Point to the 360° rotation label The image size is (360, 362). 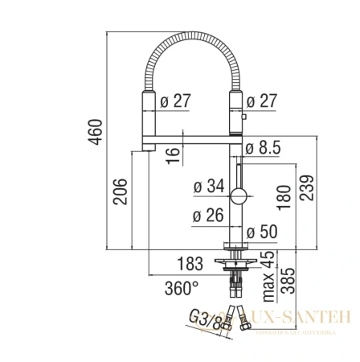[182, 286]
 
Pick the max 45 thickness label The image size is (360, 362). [270, 263]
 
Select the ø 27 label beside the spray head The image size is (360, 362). [174, 101]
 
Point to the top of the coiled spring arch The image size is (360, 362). [191, 37]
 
